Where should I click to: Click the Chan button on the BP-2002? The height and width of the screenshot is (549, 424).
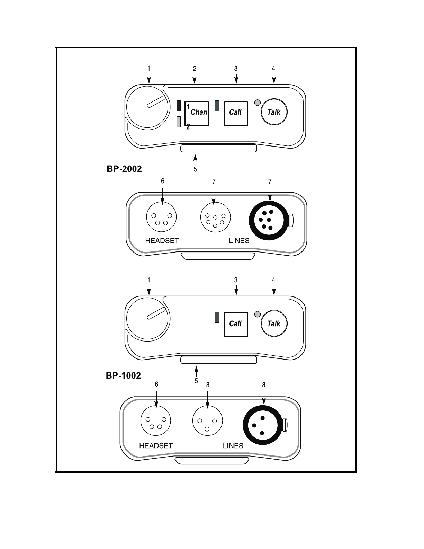pyautogui.click(x=197, y=113)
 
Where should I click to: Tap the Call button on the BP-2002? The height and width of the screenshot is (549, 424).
pyautogui.click(x=236, y=113)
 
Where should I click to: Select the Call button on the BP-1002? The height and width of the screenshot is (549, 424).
pyautogui.click(x=236, y=324)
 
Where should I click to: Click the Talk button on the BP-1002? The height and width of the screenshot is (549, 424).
pyautogui.click(x=274, y=324)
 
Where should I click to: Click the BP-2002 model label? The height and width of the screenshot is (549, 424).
pyautogui.click(x=124, y=169)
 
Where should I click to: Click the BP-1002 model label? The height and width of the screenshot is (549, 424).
pyautogui.click(x=123, y=375)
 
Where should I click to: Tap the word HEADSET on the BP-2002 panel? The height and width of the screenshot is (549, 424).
pyautogui.click(x=162, y=241)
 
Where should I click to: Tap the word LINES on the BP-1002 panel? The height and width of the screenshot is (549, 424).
pyautogui.click(x=233, y=446)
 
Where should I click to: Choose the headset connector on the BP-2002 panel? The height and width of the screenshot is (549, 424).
pyautogui.click(x=162, y=217)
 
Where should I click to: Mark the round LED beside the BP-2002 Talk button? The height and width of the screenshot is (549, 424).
pyautogui.click(x=257, y=103)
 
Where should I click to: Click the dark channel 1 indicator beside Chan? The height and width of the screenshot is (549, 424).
pyautogui.click(x=179, y=106)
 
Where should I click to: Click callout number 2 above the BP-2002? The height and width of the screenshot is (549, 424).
pyautogui.click(x=195, y=69)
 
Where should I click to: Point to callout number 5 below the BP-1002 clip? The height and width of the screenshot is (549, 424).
pyautogui.click(x=196, y=381)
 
